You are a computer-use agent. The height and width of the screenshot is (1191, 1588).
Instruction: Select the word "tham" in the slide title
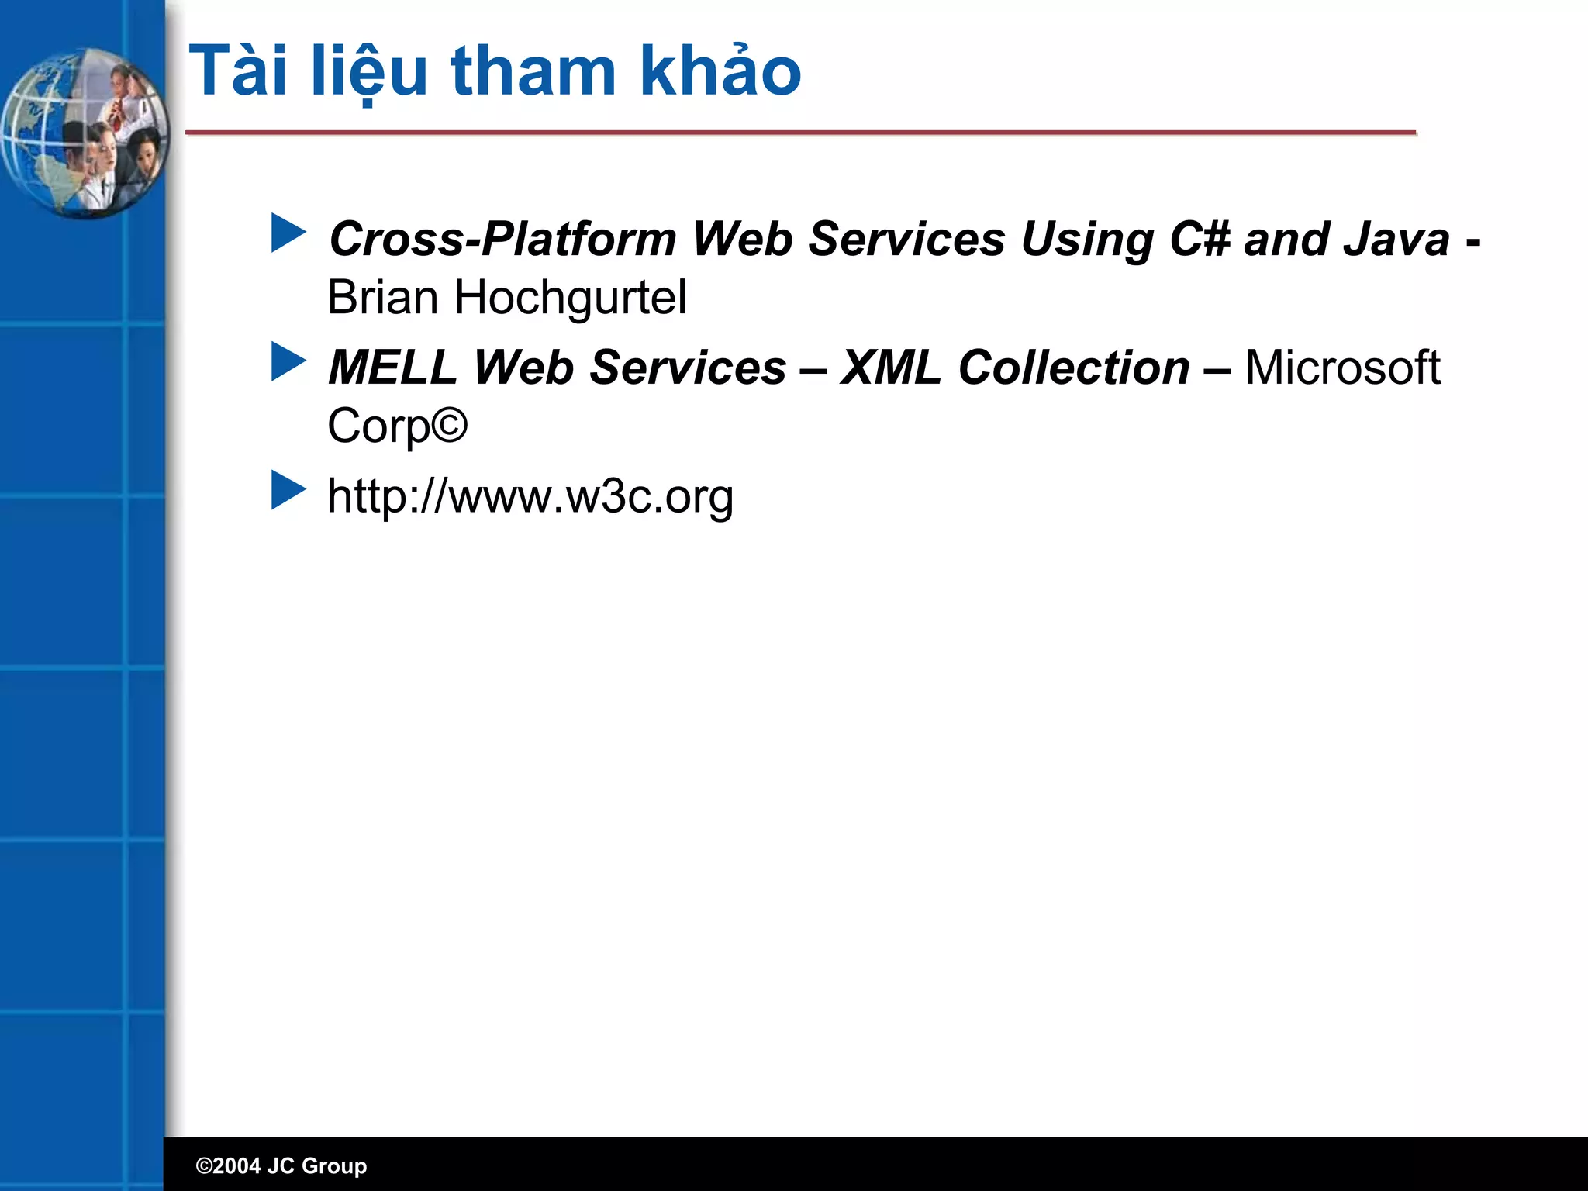533,72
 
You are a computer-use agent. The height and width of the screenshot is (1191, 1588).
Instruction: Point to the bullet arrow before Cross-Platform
288,233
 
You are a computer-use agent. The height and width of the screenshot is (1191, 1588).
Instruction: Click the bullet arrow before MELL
288,362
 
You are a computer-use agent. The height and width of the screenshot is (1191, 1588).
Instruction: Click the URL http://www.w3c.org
530,496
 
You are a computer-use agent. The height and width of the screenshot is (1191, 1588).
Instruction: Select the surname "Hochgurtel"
571,298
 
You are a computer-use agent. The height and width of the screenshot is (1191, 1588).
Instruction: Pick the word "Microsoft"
1342,368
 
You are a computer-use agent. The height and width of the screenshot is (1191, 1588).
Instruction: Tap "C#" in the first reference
1200,239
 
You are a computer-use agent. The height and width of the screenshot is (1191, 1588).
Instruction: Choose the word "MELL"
392,368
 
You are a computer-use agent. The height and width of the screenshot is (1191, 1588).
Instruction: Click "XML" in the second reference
891,368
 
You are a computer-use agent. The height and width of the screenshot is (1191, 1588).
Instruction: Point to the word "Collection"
1074,368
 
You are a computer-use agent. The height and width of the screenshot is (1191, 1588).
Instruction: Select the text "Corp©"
397,426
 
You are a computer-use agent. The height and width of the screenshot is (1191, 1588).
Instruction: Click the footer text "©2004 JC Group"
281,1165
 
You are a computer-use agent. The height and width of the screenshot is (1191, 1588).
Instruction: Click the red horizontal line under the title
800,133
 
